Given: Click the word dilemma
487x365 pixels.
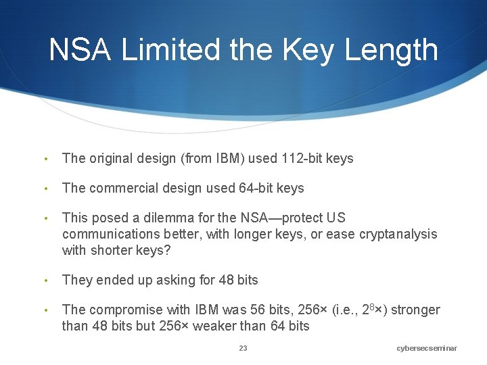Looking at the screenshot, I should click(165, 218).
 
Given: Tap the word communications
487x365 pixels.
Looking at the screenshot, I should click(110, 234).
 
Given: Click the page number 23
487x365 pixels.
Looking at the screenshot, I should click(243, 348).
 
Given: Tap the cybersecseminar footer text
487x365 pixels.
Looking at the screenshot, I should click(427, 348).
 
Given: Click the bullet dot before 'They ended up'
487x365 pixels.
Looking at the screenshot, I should click(45, 280).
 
